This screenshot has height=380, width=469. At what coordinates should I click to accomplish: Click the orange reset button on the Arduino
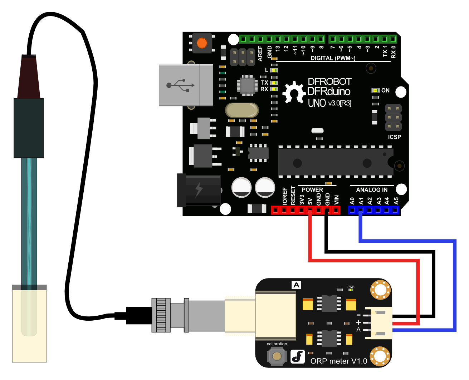(x=202, y=43)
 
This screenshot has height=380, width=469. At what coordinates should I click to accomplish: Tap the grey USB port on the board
(x=186, y=85)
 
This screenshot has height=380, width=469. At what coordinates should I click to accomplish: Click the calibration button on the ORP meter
(x=277, y=356)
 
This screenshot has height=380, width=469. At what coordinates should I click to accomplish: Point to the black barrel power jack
(x=199, y=191)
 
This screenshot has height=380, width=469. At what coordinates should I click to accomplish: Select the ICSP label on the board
(x=394, y=137)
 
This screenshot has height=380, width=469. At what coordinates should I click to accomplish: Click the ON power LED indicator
(x=376, y=90)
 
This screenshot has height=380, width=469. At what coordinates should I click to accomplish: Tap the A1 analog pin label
(x=361, y=201)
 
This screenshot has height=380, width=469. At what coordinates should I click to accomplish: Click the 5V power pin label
(x=310, y=201)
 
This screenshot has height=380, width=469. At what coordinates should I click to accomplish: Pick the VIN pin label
(x=336, y=200)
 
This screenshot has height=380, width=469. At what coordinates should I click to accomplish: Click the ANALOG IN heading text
(x=372, y=190)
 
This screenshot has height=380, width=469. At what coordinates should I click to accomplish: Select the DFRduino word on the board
(x=329, y=92)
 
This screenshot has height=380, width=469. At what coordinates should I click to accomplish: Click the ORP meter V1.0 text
(x=338, y=361)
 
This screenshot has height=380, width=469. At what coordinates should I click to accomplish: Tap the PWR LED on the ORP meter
(x=351, y=290)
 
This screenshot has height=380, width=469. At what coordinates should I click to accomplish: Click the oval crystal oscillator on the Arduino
(x=242, y=110)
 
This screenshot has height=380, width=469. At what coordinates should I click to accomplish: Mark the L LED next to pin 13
(x=274, y=70)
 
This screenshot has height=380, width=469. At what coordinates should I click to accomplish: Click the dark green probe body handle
(x=29, y=128)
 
